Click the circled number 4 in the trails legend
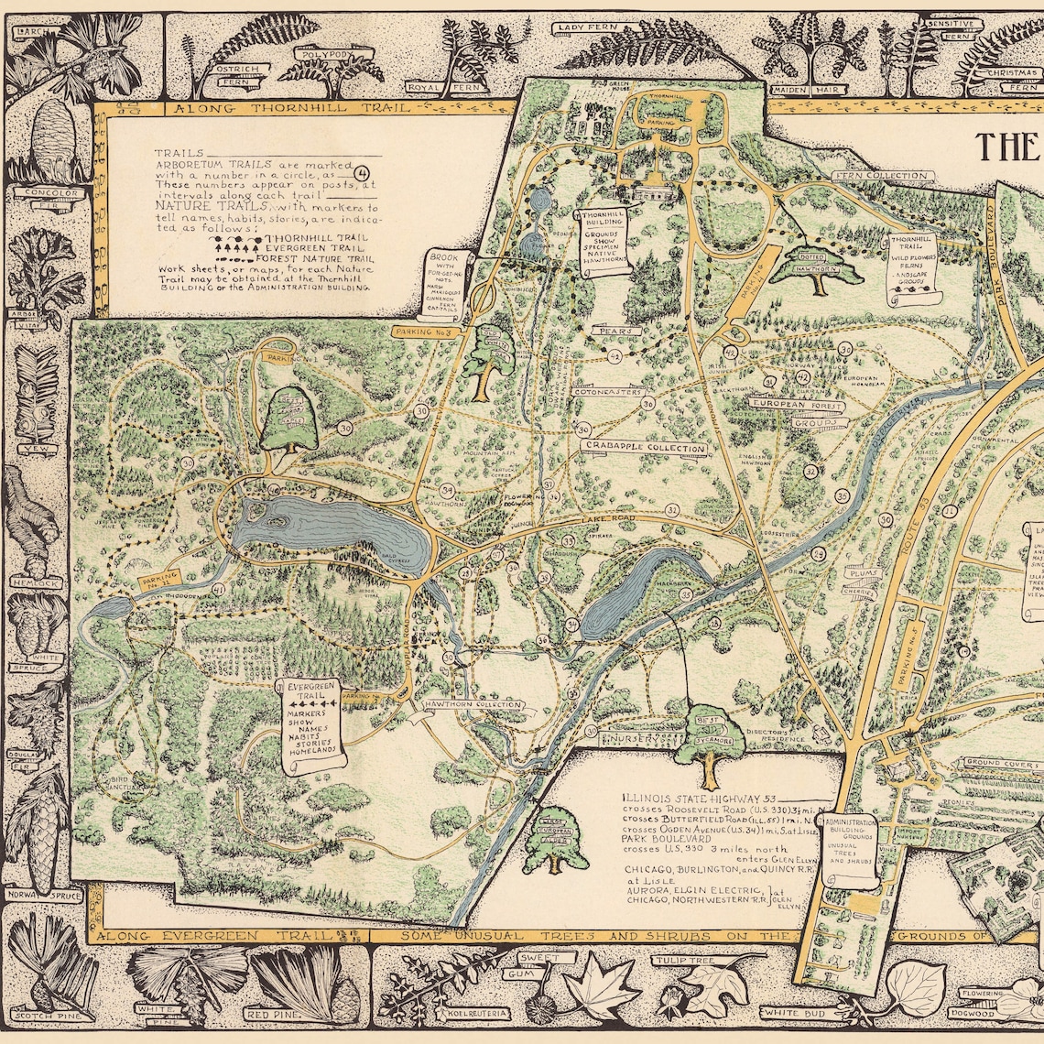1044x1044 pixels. (362, 171)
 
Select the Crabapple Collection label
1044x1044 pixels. (645, 448)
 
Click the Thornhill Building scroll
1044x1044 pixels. (601, 246)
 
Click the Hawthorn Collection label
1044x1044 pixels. (473, 705)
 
